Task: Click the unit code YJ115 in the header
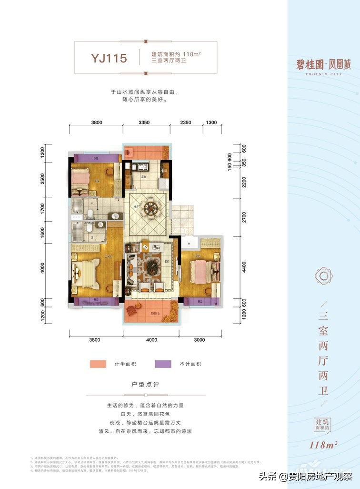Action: pyautogui.click(x=109, y=59)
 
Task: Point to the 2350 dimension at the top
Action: pyautogui.click(x=186, y=122)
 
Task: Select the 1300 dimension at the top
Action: pyautogui.click(x=211, y=122)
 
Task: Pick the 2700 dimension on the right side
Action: pyautogui.click(x=244, y=217)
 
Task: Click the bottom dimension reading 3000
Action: pyautogui.click(x=199, y=340)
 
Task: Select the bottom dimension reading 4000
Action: pyautogui.click(x=151, y=340)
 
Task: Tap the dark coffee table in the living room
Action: pyautogui.click(x=152, y=265)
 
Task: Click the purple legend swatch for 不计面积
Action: pyautogui.click(x=163, y=364)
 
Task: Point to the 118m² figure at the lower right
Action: pyautogui.click(x=323, y=446)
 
